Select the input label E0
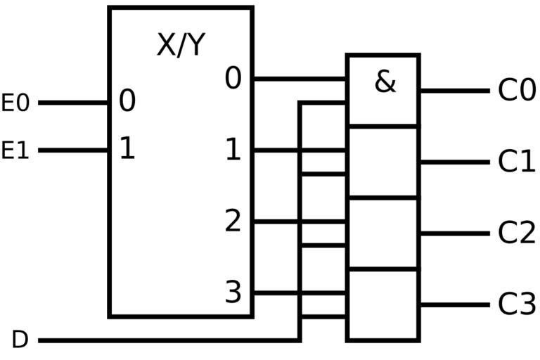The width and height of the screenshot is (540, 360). point(15,103)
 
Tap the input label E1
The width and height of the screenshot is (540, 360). point(15,150)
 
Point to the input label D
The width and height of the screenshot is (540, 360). point(20,340)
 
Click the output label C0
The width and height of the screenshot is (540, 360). point(517,91)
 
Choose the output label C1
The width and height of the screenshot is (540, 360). point(517,162)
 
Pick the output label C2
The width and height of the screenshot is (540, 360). point(517,233)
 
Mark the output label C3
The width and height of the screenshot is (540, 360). point(517,305)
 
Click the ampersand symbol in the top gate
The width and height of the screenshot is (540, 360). point(385,82)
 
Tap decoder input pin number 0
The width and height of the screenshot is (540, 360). point(127,102)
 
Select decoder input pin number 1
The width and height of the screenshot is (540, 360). point(127,149)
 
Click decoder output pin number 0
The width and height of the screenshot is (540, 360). point(233,79)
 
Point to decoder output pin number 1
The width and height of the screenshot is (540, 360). point(233,150)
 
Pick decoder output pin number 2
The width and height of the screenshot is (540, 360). point(233,221)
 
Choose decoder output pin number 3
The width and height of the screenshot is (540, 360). point(233,292)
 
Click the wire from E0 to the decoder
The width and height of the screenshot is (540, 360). point(73,103)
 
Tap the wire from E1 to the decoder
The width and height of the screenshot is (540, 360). point(73,150)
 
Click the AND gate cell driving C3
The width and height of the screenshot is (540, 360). point(383,305)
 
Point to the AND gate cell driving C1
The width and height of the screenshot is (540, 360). point(383,162)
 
